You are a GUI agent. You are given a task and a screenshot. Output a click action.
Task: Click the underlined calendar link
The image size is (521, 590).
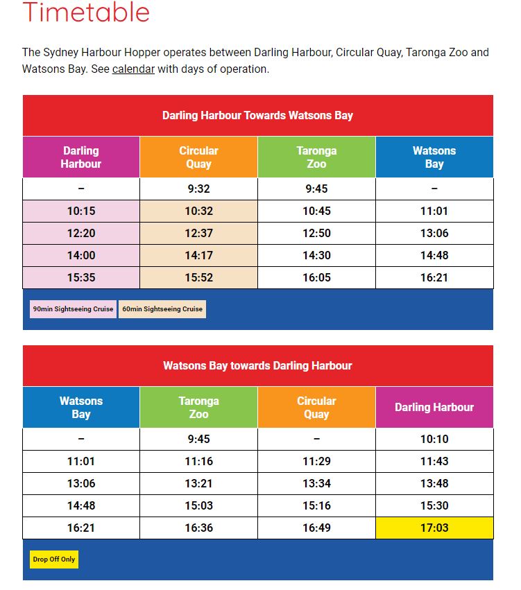tap(133, 69)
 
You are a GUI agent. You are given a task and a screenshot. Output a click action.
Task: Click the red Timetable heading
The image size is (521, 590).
tap(86, 12)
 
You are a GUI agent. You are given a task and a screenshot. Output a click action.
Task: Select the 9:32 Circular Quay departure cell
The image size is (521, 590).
tap(198, 189)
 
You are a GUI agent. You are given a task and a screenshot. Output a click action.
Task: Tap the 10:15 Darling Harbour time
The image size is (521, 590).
tap(81, 211)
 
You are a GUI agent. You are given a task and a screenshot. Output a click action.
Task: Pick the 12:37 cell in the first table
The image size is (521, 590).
tap(198, 233)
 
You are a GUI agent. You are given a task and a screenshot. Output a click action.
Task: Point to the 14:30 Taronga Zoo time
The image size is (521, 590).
tap(316, 255)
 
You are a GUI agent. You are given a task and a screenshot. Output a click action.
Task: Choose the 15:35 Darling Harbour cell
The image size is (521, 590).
tap(81, 277)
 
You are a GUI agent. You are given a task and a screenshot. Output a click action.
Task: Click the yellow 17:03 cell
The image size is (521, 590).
tap(434, 528)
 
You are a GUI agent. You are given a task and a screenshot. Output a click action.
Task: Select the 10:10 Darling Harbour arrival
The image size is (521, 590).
tap(434, 439)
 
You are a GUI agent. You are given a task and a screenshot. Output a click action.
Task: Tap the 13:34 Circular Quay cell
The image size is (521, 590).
tap(316, 483)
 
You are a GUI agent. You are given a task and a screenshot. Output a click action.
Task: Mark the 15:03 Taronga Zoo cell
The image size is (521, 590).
tap(198, 505)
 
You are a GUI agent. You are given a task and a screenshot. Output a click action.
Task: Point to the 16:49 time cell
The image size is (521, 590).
tap(316, 528)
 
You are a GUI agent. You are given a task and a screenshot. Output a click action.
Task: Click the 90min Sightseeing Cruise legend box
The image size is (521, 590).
tap(73, 309)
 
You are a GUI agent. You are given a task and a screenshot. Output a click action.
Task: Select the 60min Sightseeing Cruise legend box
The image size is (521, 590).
tap(162, 309)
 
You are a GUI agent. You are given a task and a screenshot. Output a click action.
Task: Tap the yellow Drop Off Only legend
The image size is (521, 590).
tap(54, 559)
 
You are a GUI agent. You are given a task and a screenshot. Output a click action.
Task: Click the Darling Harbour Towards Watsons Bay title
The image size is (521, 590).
tap(257, 115)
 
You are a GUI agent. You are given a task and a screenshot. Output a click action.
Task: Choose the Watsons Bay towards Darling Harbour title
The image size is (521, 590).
tap(257, 365)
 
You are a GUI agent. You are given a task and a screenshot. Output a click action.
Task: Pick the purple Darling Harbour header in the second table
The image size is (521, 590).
tap(434, 407)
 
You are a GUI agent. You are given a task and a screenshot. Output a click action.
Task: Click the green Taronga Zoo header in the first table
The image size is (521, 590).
tap(316, 157)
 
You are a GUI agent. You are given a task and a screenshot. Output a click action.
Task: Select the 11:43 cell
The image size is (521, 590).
tap(434, 461)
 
